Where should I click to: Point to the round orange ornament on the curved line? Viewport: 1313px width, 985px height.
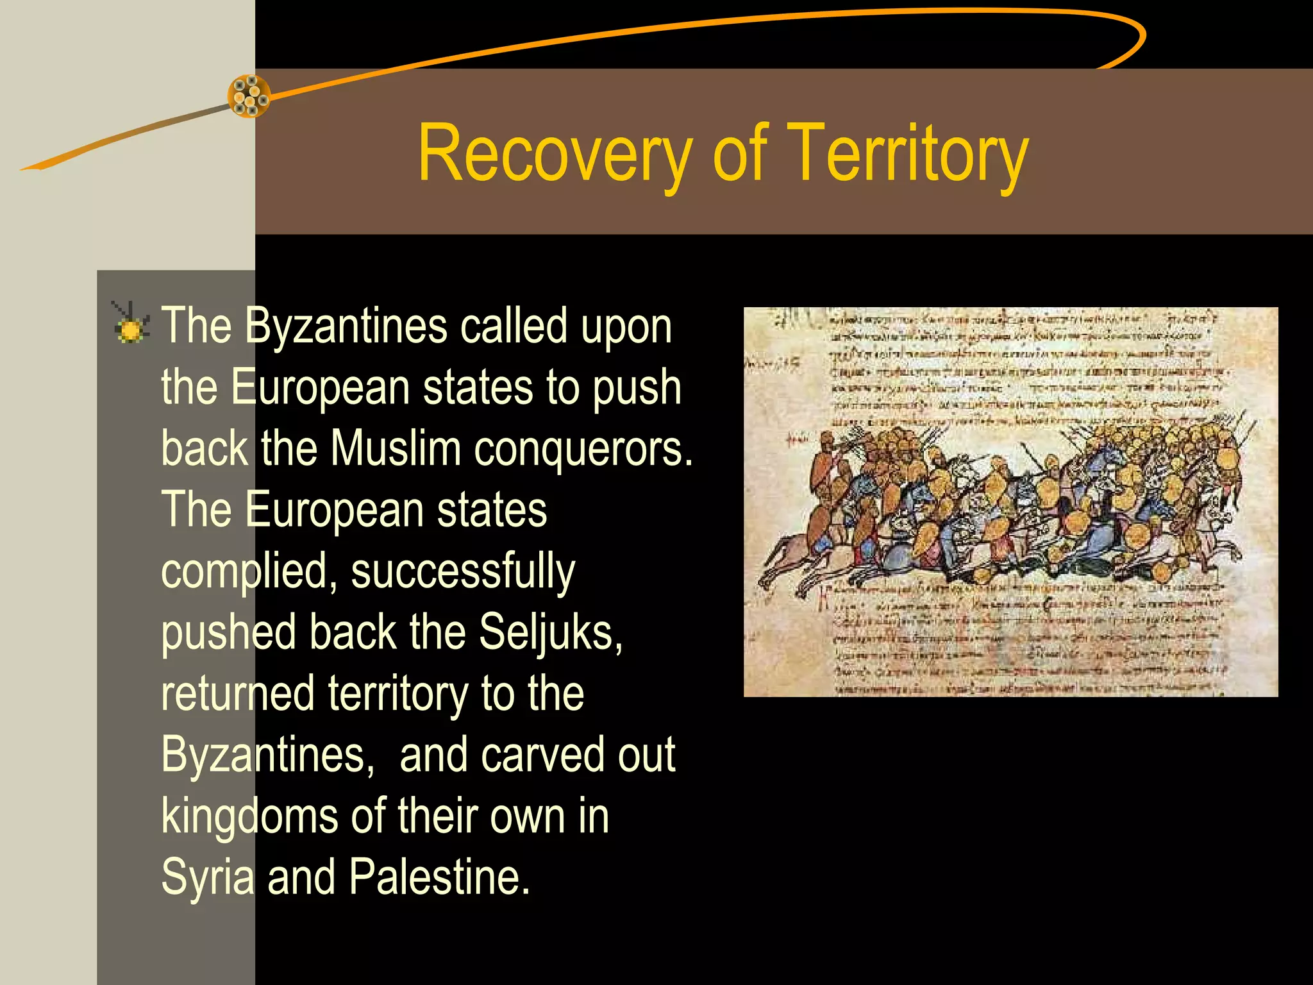tap(249, 96)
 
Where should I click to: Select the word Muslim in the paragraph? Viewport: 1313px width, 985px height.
tap(396, 448)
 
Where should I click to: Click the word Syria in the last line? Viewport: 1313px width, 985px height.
tap(208, 877)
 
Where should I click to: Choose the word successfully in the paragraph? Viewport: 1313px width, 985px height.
tap(463, 572)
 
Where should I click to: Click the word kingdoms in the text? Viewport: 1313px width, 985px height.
tap(249, 816)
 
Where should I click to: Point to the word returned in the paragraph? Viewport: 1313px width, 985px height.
tap(238, 694)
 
